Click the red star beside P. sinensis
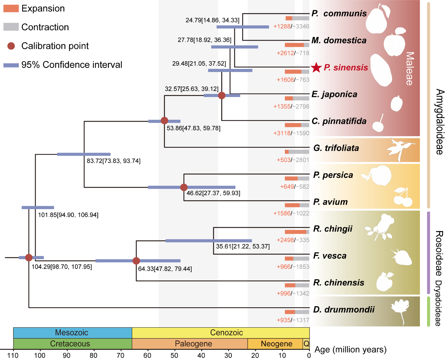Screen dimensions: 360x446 coord(317,67)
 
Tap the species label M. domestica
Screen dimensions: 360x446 coord(339,40)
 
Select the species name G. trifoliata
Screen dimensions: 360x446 coord(336,148)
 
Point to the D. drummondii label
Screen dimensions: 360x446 coord(344,309)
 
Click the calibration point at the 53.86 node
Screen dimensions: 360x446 coord(164,121)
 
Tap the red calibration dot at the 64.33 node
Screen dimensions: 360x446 coord(136,261)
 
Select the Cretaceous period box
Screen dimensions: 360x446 coord(72,344)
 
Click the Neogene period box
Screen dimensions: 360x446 coord(276,344)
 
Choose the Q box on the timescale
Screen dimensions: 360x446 coord(306,344)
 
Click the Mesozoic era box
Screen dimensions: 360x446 coord(72,333)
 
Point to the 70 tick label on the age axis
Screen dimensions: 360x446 coord(120,355)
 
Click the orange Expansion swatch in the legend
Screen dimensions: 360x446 coord(11,8)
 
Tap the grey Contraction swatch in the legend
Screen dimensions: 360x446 coord(11,27)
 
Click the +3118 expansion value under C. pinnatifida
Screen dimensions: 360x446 coord(282,133)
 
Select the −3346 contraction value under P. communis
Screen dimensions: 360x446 coord(302,26)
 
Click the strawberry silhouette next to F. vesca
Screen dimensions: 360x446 coord(402,257)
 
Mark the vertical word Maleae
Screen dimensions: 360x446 coord(409,69)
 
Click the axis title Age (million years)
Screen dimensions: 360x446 coord(350,349)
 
